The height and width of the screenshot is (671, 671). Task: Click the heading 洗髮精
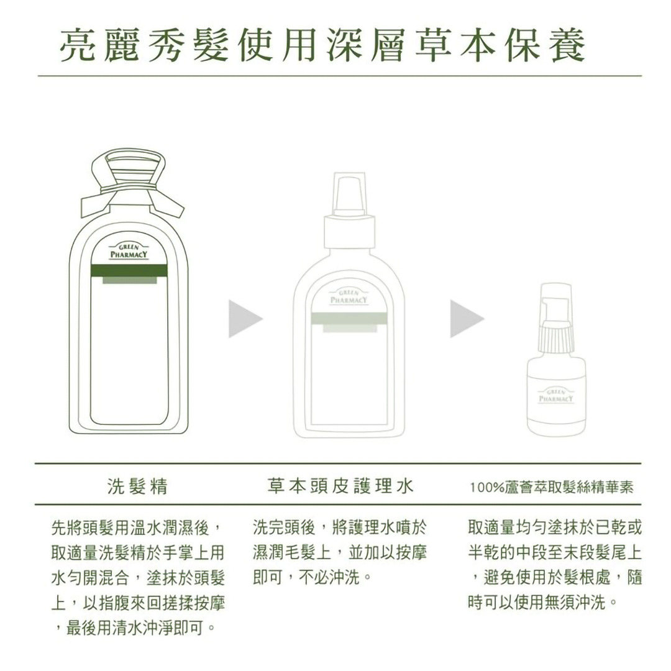(x=138, y=486)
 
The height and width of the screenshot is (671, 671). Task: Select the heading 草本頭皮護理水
(x=340, y=486)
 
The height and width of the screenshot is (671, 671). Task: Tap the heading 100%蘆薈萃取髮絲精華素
(x=552, y=488)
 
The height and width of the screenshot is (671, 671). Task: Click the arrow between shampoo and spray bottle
(x=245, y=319)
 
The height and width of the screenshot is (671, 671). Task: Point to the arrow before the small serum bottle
(x=467, y=319)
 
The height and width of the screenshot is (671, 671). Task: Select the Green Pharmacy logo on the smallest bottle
(x=555, y=396)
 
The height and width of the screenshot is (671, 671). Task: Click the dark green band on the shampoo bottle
(x=129, y=270)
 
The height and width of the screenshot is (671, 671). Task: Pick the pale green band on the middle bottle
(x=349, y=319)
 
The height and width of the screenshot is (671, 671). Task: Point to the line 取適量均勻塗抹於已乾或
(x=555, y=528)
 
